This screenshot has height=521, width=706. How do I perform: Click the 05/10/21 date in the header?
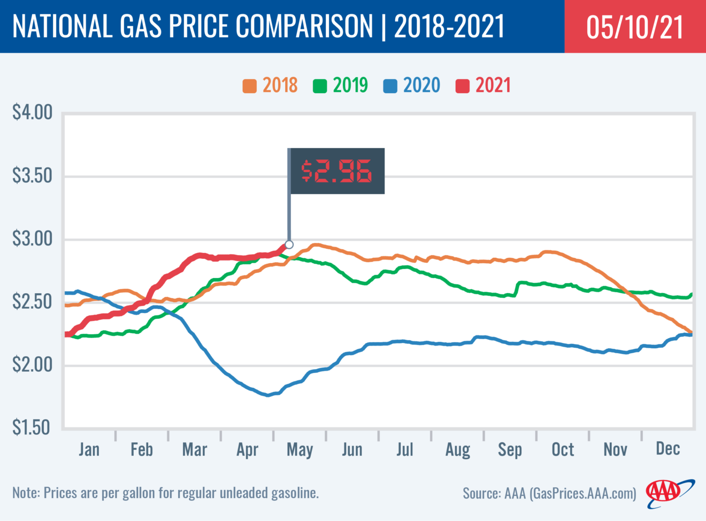click(x=634, y=27)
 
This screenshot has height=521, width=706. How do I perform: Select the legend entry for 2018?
click(x=271, y=86)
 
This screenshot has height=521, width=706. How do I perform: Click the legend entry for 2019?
click(x=341, y=86)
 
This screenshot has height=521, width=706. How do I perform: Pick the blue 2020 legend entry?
click(x=412, y=86)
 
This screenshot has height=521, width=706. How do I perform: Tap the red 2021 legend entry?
click(x=484, y=86)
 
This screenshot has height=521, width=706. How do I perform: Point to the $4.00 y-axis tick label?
click(x=33, y=112)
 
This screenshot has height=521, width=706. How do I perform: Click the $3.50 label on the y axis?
click(x=33, y=175)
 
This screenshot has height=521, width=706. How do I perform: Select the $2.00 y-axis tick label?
click(x=33, y=365)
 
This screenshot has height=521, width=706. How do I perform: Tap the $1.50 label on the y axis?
click(x=33, y=427)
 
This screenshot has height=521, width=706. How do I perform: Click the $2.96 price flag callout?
click(x=336, y=171)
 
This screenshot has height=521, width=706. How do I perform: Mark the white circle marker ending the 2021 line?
click(x=289, y=244)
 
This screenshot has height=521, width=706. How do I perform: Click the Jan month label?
click(x=89, y=449)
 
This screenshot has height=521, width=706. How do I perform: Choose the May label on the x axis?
click(x=300, y=450)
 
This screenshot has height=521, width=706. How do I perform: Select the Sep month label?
click(x=510, y=450)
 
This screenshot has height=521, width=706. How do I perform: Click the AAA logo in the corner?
click(x=668, y=492)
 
